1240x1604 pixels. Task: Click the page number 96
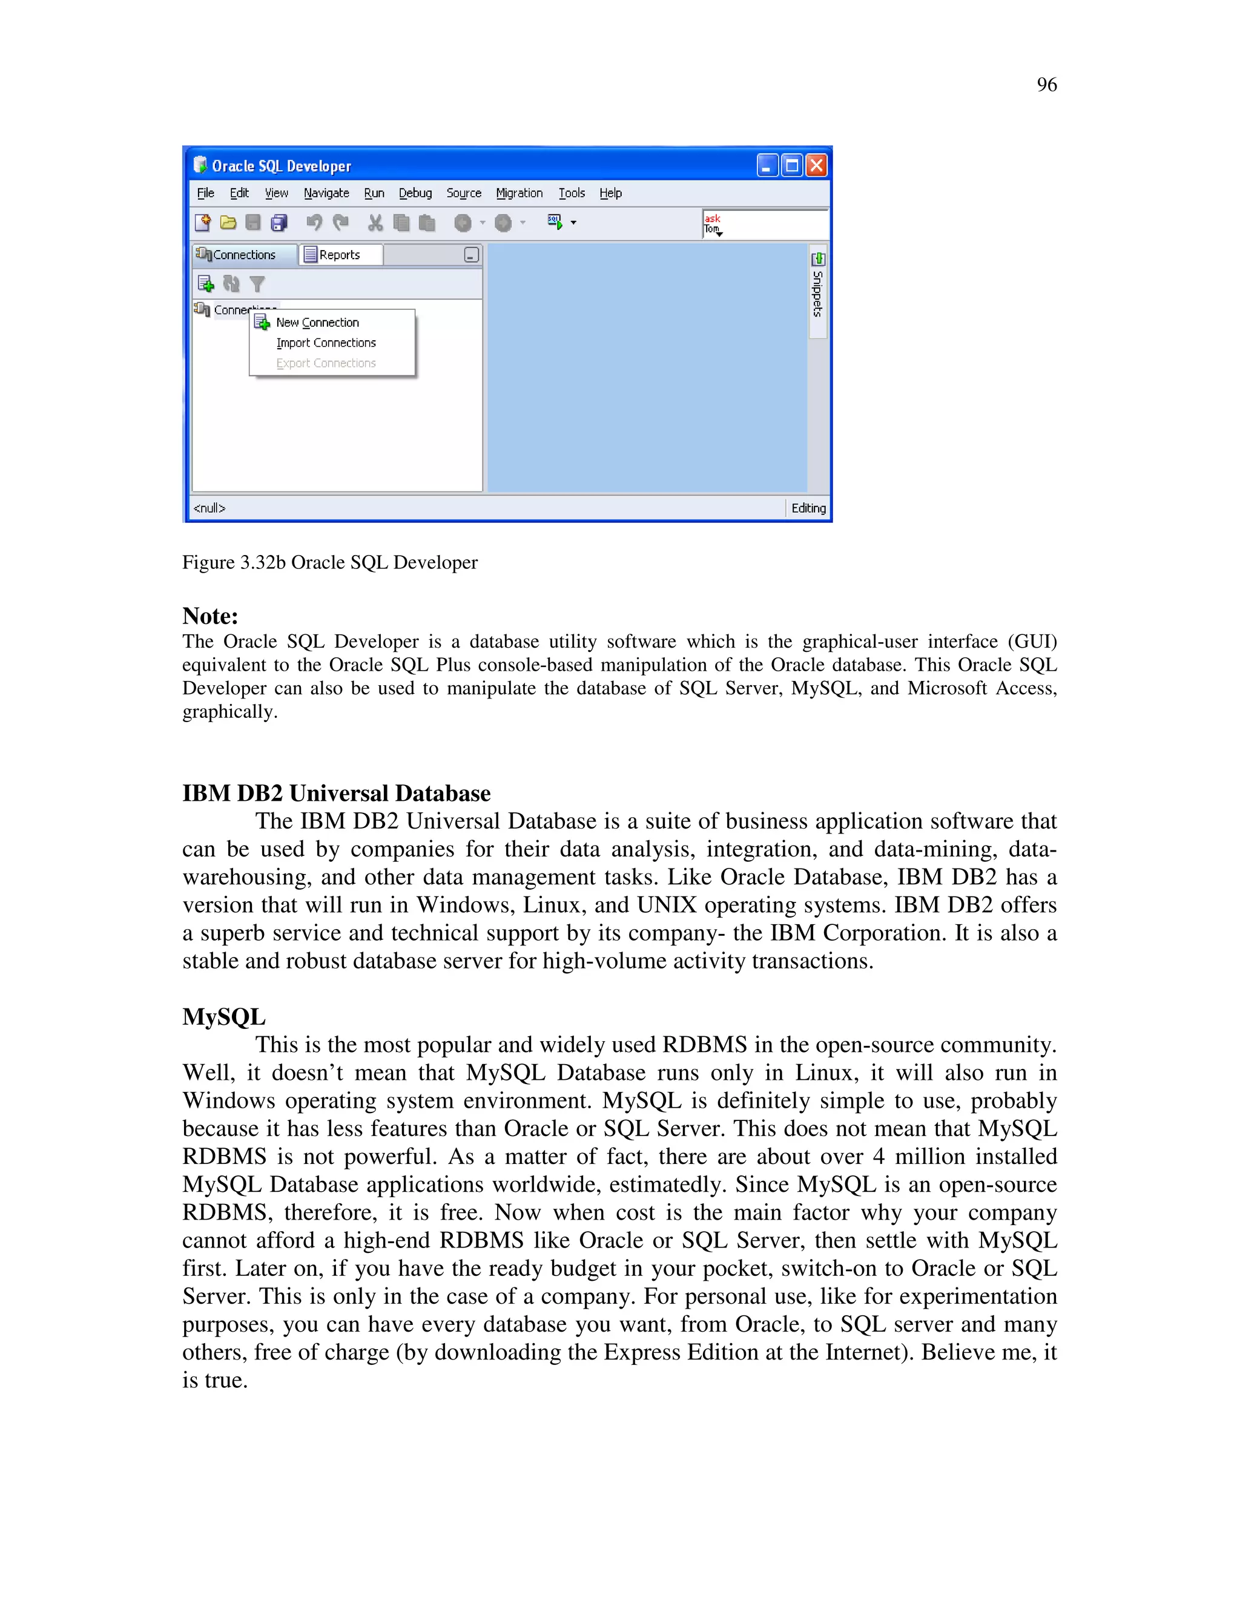(x=1046, y=85)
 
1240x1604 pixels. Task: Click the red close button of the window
(x=816, y=165)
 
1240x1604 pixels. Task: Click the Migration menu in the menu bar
(x=519, y=193)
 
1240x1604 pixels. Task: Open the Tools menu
(x=572, y=193)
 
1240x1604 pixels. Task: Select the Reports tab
(x=340, y=255)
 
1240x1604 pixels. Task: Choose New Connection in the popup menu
(x=317, y=323)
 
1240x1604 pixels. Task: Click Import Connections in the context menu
(x=325, y=343)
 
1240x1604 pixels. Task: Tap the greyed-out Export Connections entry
(x=325, y=364)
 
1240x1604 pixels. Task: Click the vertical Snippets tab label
(x=817, y=293)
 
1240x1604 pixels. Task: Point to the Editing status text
(x=808, y=508)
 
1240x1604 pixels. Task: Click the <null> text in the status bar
(x=209, y=508)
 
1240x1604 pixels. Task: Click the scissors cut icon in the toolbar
(x=375, y=223)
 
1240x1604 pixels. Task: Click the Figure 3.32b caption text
(x=330, y=562)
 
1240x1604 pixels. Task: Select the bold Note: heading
(x=210, y=616)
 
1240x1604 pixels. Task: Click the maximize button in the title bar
(x=792, y=165)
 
